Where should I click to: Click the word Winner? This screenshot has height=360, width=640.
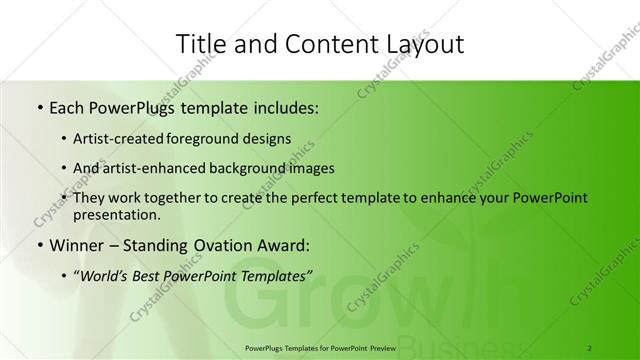pyautogui.click(x=76, y=245)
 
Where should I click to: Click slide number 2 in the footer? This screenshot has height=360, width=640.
pyautogui.click(x=591, y=347)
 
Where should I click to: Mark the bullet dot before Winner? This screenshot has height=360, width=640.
pyautogui.click(x=38, y=245)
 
